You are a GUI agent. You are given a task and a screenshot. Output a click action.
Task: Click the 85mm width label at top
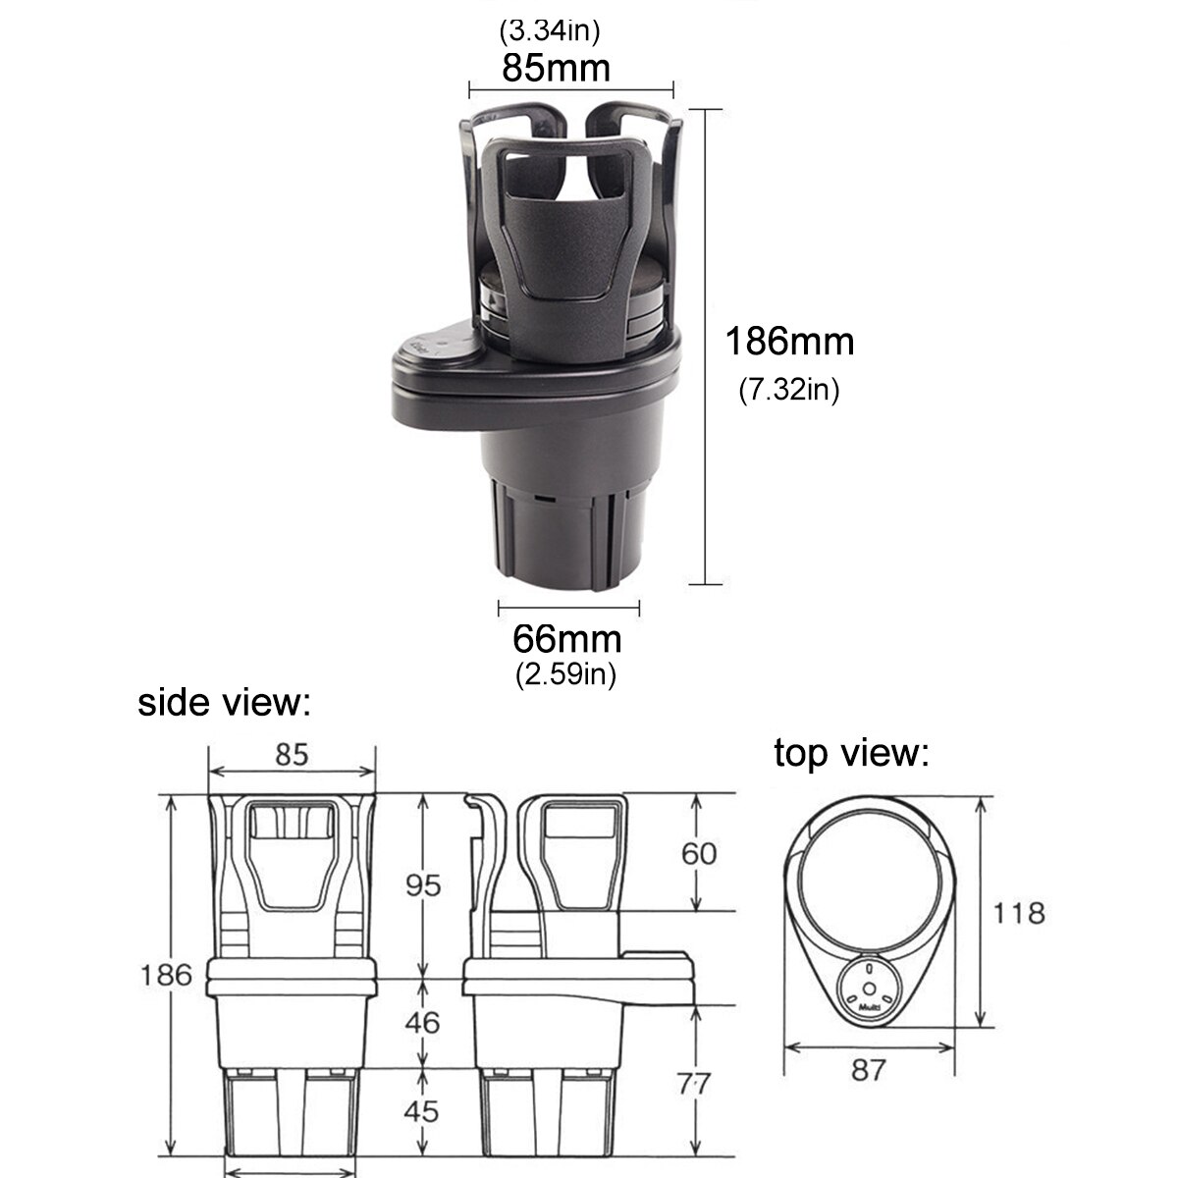[556, 68]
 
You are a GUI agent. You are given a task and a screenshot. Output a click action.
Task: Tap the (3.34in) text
[550, 30]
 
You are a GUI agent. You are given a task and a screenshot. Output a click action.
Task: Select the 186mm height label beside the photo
[789, 342]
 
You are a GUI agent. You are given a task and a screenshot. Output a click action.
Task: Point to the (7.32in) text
[789, 391]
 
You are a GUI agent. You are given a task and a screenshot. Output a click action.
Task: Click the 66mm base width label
[566, 639]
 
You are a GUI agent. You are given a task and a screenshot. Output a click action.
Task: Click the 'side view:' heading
[224, 703]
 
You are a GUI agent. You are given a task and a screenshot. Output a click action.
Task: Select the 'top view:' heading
[850, 754]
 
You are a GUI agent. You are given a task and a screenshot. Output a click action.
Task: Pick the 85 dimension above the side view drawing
[292, 754]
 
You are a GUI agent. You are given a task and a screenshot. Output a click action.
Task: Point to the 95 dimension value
[423, 885]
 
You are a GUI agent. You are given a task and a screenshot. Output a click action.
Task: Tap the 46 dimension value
[423, 1022]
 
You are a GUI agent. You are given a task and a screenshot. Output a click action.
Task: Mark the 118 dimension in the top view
[1018, 913]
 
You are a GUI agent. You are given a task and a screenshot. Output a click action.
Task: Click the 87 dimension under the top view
[869, 1070]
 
